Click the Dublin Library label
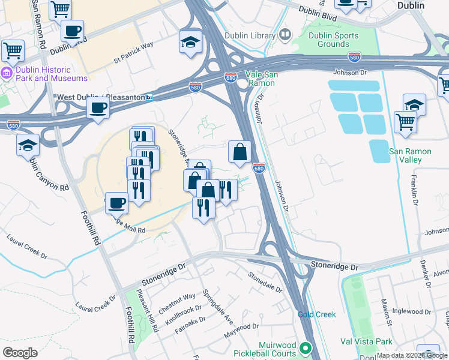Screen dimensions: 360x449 coord(249,35)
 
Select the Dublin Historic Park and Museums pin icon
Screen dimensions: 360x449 coord(7,73)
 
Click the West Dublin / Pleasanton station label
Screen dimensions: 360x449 coord(100,97)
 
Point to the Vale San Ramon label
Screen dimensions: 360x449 coord(261,79)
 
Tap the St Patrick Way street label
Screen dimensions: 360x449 coord(133,53)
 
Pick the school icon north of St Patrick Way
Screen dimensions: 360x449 coord(190,43)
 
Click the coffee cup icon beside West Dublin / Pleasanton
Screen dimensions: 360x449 coord(98,109)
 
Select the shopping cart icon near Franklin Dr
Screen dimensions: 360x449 coord(405,122)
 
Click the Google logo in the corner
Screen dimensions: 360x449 coord(20,353)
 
